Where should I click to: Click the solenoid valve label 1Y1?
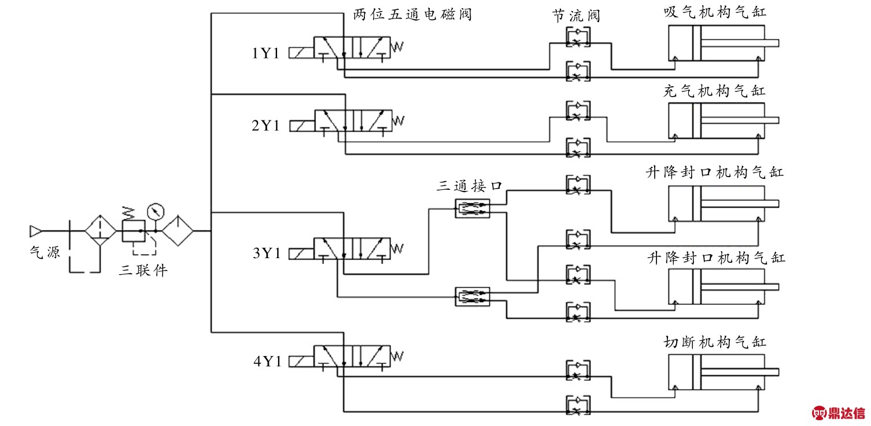click(x=265, y=54)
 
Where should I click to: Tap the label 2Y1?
click(x=265, y=126)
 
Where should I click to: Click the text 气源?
click(x=45, y=252)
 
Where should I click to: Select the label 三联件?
click(x=143, y=270)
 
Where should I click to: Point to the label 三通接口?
click(x=470, y=186)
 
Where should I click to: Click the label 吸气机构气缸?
click(x=714, y=12)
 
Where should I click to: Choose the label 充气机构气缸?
click(x=714, y=91)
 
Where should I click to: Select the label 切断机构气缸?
click(x=714, y=342)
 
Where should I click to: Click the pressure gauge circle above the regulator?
click(x=155, y=211)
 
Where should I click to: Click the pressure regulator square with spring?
click(x=132, y=230)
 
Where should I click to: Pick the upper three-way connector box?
click(x=473, y=208)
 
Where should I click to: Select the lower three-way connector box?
click(x=473, y=296)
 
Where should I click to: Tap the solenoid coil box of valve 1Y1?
click(x=301, y=53)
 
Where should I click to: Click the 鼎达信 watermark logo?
click(x=840, y=413)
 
